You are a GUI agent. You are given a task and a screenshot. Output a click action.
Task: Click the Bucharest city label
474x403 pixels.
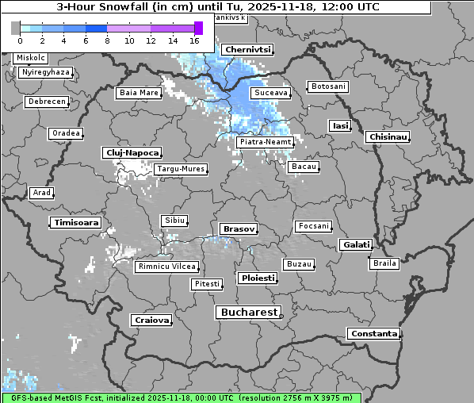(x=249, y=313)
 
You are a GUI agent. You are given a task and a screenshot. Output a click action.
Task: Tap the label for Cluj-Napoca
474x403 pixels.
(x=132, y=152)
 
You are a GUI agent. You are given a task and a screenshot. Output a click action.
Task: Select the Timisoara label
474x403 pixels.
(x=76, y=223)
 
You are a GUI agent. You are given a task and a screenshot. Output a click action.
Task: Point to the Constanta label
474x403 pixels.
(x=373, y=334)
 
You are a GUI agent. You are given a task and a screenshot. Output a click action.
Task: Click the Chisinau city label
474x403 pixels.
(x=388, y=137)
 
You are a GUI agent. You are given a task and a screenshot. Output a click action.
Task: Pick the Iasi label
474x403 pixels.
(x=339, y=125)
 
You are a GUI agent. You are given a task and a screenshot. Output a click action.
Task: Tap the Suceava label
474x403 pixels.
(x=269, y=93)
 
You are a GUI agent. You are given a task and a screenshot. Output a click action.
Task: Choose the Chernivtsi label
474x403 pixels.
(x=247, y=49)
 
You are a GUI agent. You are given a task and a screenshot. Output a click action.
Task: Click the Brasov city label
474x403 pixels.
(x=238, y=228)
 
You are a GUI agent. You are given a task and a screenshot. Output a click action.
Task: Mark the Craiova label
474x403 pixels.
(x=151, y=320)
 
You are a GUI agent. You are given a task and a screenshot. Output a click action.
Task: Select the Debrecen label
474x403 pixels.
(x=46, y=102)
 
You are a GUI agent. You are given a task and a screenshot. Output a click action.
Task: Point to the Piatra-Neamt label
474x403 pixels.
(x=265, y=142)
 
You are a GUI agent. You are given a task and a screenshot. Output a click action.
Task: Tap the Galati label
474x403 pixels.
(x=355, y=245)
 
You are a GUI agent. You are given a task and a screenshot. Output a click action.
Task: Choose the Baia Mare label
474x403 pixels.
(x=139, y=93)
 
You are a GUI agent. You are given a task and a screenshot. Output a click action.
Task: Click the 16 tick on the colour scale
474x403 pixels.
(x=194, y=40)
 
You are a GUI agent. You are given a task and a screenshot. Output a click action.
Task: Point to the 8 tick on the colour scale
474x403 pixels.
(x=107, y=40)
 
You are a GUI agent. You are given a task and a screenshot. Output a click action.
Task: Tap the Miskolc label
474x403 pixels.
(x=31, y=58)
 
